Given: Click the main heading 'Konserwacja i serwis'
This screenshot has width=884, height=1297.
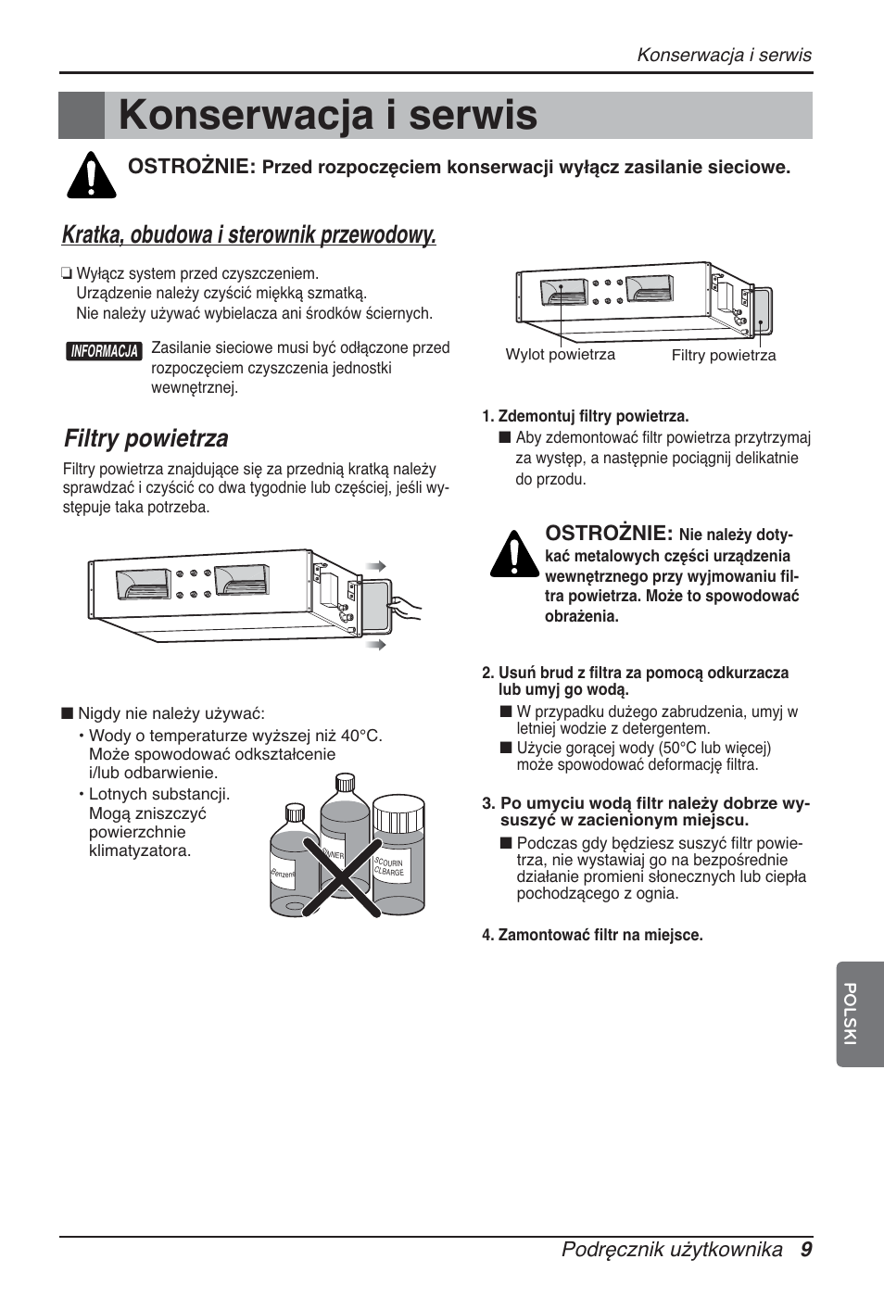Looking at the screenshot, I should (328, 116).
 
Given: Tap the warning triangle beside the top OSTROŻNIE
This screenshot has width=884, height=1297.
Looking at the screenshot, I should (91, 174).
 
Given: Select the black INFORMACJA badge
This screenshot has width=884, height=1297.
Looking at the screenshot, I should (105, 351).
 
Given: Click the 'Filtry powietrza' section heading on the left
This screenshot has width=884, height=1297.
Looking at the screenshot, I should (146, 438).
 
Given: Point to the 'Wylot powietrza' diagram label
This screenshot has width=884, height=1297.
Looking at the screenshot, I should (560, 355).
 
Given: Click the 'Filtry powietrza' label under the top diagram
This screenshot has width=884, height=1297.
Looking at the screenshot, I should (723, 356).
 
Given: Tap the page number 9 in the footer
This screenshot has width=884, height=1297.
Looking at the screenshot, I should (806, 1249).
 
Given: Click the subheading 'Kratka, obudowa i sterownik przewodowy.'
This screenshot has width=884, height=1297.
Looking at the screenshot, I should (249, 235).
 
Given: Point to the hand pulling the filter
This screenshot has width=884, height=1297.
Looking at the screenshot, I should (406, 609).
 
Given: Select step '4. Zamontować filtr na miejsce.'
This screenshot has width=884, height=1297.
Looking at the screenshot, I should (592, 935).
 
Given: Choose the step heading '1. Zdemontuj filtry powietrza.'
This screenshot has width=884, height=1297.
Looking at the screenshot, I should (585, 416).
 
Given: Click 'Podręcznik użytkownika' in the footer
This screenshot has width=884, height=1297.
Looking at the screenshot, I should (672, 1249).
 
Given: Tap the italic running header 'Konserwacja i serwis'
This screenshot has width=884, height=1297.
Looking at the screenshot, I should (724, 55).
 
